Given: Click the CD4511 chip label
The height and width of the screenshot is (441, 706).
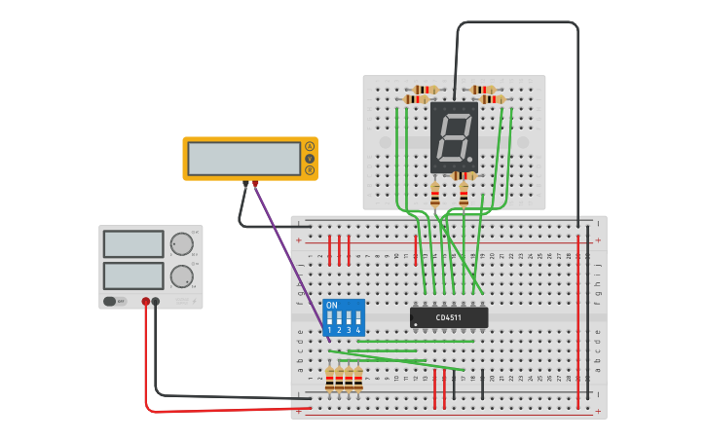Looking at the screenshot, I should tap(449, 317).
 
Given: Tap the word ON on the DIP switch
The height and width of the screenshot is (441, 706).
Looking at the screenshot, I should tap(332, 306).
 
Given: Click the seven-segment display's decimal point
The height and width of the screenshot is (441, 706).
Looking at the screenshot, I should tap(469, 159).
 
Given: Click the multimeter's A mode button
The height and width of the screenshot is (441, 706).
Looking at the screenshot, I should tap(310, 146).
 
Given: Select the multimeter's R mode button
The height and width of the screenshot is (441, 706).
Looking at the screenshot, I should tap(310, 170).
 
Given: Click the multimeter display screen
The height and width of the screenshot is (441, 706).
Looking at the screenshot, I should tap(244, 158).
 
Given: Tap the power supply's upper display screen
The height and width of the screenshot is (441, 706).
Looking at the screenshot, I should tap(133, 243).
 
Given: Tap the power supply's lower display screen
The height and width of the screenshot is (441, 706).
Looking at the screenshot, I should tap(133, 276).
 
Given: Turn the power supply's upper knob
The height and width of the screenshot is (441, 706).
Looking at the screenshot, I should tap(181, 244).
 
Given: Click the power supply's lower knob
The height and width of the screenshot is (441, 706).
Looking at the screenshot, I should tap(181, 276).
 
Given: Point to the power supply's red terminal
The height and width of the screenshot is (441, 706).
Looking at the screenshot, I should tap(146, 302).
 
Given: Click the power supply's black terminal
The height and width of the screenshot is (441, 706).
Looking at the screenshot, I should tap(156, 302).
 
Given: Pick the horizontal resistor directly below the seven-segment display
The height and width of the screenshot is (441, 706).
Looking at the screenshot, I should tap(464, 176).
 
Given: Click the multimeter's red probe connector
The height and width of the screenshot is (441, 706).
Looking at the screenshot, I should tap(255, 183).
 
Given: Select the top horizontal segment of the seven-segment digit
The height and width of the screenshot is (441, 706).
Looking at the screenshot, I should tap(456, 117).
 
